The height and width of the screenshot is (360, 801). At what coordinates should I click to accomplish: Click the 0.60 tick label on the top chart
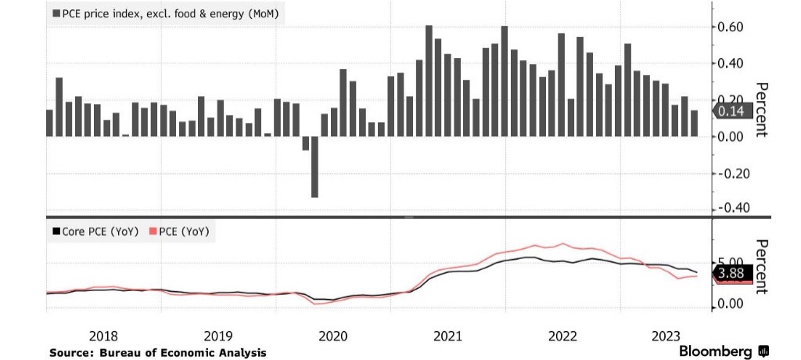click(736, 27)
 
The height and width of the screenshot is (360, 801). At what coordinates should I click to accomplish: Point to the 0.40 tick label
click(736, 63)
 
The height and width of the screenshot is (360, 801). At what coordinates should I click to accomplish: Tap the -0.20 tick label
click(735, 173)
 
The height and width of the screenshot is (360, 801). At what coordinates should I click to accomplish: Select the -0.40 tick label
click(735, 208)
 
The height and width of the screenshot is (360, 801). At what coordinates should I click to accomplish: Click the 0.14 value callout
click(733, 112)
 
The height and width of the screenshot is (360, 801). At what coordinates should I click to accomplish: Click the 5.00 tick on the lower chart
click(736, 262)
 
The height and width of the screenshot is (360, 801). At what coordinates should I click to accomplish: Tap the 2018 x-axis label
click(104, 336)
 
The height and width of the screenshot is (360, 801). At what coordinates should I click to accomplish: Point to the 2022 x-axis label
click(563, 336)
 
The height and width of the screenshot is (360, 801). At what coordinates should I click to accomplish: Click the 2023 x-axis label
click(666, 336)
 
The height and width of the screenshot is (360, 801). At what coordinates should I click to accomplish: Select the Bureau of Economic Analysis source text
click(157, 353)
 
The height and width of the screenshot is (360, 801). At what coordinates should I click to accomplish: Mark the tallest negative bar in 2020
click(314, 167)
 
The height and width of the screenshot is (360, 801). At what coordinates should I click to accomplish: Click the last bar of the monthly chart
click(694, 124)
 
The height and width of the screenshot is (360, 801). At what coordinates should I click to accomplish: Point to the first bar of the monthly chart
click(49, 123)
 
